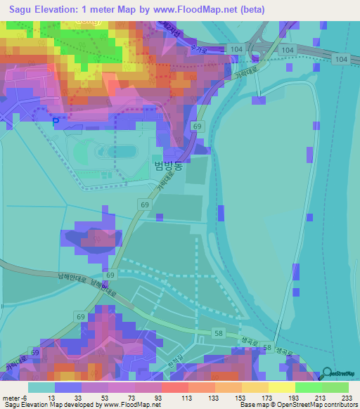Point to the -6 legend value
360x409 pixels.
tap(26, 397)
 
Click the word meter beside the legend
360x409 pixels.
tap(11, 397)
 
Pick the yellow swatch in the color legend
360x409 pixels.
tap(282, 387)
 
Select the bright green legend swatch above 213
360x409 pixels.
tap(309, 387)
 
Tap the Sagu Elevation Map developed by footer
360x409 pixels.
tap(49, 405)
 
